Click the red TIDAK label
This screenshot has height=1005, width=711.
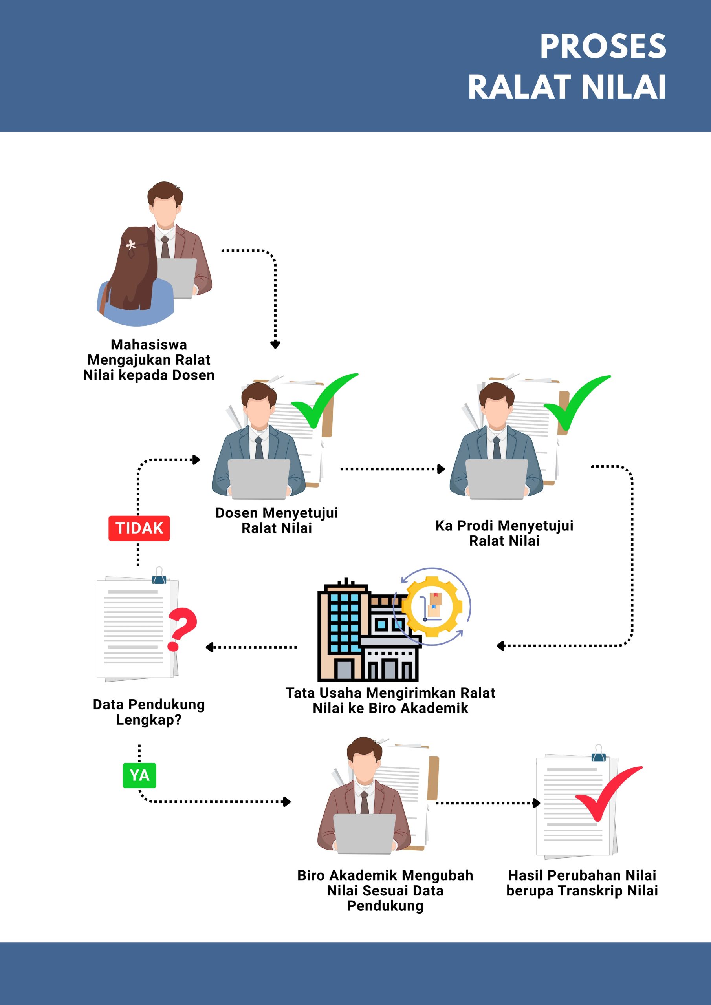pyautogui.click(x=139, y=528)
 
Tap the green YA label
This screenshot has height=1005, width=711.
pyautogui.click(x=139, y=775)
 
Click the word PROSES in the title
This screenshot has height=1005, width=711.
pyautogui.click(x=603, y=46)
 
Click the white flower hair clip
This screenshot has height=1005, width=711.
pyautogui.click(x=130, y=246)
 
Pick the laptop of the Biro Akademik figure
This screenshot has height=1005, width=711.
pyautogui.click(x=365, y=834)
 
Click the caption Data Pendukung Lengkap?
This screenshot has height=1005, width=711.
pyautogui.click(x=149, y=712)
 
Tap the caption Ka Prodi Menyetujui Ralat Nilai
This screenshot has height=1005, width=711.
pyautogui.click(x=504, y=533)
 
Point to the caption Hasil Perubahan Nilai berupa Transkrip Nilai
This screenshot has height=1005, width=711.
pyautogui.click(x=582, y=883)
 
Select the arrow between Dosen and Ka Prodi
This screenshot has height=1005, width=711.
pyautogui.click(x=392, y=469)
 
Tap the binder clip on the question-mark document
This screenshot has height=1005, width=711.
pyautogui.click(x=159, y=576)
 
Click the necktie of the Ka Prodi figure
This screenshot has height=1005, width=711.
pyautogui.click(x=497, y=448)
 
